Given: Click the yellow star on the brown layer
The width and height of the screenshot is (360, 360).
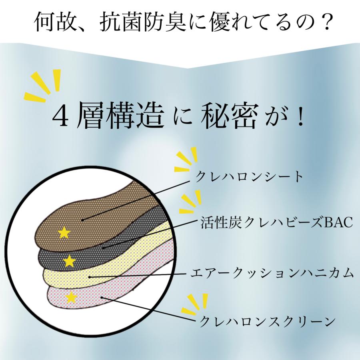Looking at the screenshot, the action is (64, 232).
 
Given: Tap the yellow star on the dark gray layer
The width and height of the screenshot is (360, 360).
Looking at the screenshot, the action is (69, 261).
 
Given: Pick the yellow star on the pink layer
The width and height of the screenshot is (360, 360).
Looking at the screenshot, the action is (71, 297).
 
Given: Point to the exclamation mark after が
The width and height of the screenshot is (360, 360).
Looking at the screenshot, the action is (300, 116).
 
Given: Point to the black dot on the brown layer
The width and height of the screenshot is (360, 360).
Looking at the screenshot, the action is (82, 220).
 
